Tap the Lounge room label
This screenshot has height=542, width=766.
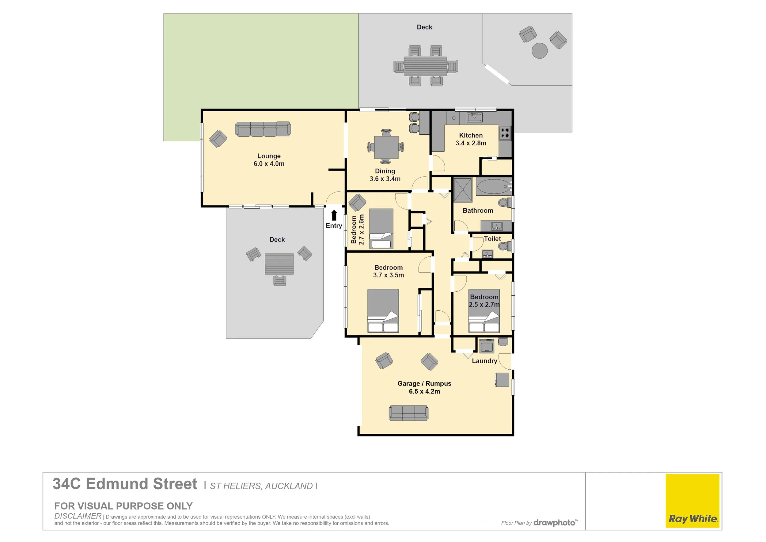click(269, 156)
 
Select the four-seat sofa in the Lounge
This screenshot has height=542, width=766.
click(263, 129)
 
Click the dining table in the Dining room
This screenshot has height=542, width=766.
click(386, 147)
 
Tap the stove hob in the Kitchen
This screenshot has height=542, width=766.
click(505, 133)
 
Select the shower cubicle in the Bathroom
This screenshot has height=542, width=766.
click(463, 190)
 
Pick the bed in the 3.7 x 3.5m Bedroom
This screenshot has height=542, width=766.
click(383, 311)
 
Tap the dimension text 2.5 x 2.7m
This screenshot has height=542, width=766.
click(484, 305)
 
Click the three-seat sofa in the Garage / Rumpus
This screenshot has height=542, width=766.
click(408, 413)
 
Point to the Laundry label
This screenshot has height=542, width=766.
click(484, 361)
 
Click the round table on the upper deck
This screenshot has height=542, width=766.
click(539, 51)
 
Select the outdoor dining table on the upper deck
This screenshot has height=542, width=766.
click(425, 66)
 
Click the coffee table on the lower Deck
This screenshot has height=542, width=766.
click(279, 264)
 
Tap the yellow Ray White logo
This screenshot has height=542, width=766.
click(692, 501)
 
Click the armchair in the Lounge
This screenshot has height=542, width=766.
click(218, 139)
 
